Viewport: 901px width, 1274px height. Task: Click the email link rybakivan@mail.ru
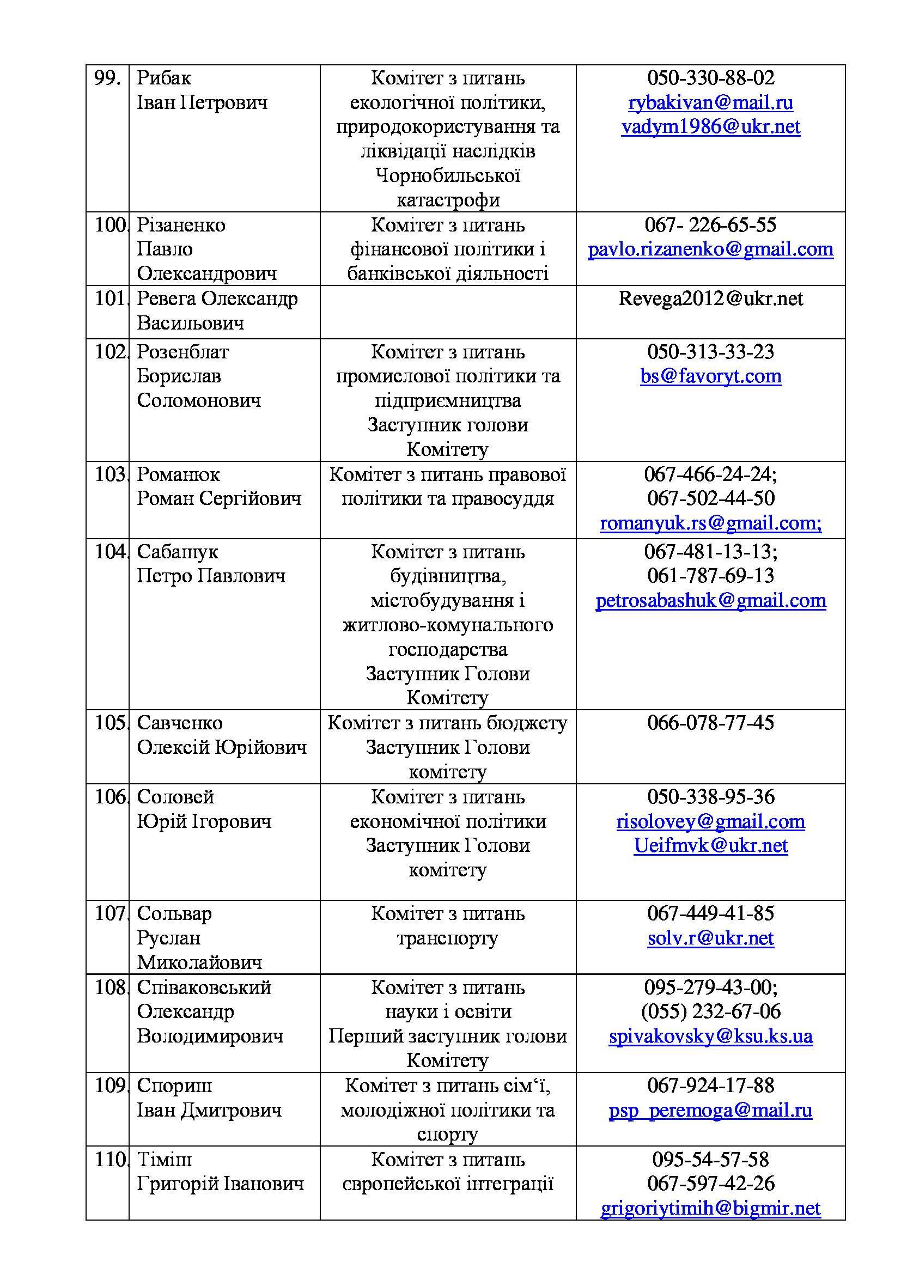pos(710,102)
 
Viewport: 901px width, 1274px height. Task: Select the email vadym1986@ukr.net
pos(710,127)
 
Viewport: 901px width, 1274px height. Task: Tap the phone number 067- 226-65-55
pos(710,225)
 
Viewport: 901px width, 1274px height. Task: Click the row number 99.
pos(107,78)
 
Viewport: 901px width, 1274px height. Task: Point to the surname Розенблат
pos(182,352)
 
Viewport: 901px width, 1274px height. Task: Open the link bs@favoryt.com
pos(710,376)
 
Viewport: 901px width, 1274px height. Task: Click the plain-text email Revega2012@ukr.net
pos(710,299)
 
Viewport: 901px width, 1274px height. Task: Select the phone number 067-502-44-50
pos(710,498)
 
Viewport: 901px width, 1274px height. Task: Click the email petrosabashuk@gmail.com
pos(710,600)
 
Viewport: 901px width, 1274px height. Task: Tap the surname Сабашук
pos(178,552)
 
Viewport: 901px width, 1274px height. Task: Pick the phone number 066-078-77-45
pos(710,722)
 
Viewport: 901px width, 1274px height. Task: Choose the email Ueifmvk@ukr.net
pos(710,846)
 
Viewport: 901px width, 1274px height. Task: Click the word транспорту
pos(447,938)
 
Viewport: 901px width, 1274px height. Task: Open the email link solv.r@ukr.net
pos(710,938)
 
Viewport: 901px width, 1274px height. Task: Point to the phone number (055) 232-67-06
pos(710,1011)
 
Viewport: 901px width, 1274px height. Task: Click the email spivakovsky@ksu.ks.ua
pos(710,1036)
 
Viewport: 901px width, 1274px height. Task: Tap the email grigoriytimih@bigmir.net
pos(710,1208)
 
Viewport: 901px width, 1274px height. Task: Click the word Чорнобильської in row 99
pos(447,176)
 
